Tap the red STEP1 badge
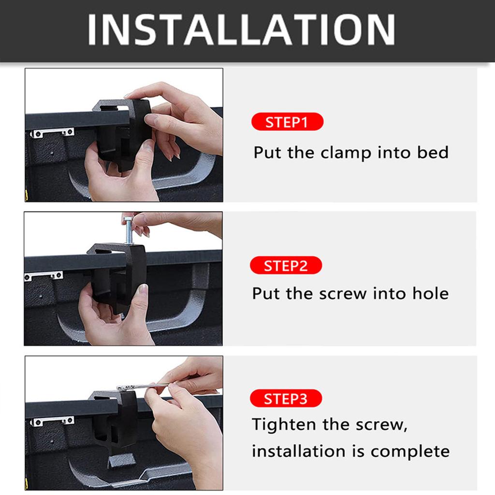[x=287, y=122]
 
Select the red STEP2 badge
[x=286, y=265]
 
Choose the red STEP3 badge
[x=286, y=399]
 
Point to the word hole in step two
[x=430, y=293]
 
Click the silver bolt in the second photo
[x=129, y=231]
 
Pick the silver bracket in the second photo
[x=44, y=276]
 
